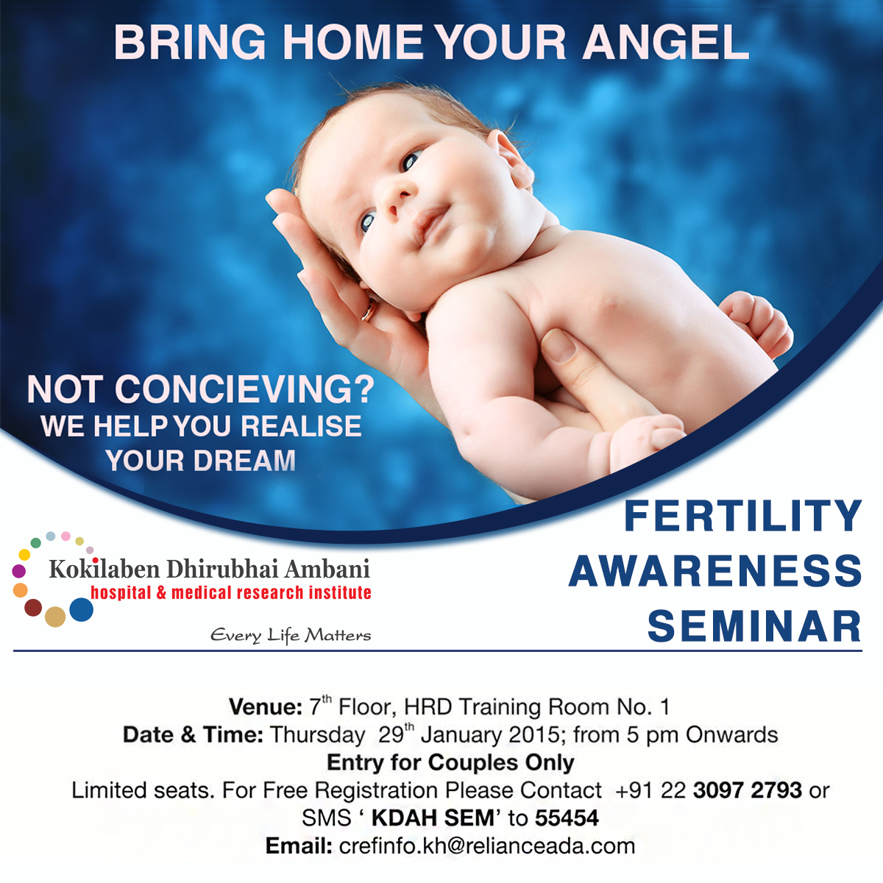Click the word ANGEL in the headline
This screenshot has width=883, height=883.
(x=665, y=43)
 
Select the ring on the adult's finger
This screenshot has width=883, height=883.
(x=369, y=311)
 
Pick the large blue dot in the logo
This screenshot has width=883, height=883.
(x=82, y=609)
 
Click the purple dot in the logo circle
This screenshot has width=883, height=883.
(x=19, y=571)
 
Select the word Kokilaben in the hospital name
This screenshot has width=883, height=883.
(x=104, y=569)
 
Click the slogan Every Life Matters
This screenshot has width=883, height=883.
(x=291, y=635)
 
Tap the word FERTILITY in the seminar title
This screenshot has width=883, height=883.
(x=742, y=516)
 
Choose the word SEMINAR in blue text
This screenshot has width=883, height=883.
(x=755, y=626)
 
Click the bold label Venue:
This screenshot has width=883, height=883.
(x=266, y=706)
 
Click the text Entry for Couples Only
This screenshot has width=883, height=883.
(x=450, y=763)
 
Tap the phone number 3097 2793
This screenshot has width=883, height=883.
(x=748, y=790)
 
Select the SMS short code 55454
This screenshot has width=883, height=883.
(x=567, y=818)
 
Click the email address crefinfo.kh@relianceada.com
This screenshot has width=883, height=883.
(x=487, y=846)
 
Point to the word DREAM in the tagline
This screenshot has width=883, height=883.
(x=245, y=460)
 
